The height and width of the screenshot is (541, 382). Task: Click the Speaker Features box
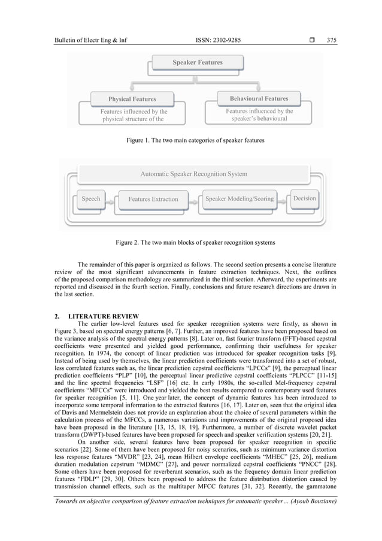[x=198, y=62]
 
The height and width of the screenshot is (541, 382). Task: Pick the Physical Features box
[x=132, y=99]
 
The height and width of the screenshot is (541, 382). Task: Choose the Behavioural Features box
[x=259, y=98]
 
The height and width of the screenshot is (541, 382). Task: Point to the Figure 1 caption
[x=195, y=140]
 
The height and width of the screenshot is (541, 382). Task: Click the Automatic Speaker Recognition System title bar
[x=193, y=174]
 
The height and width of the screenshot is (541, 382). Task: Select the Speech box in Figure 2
[x=90, y=199]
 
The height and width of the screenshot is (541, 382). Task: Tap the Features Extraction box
[x=153, y=199]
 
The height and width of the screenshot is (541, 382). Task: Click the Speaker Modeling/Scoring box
[x=239, y=199]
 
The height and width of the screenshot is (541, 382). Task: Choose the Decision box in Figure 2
[x=305, y=198]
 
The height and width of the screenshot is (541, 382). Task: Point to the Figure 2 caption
[x=195, y=243]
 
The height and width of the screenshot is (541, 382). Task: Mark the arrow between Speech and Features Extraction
[x=110, y=202]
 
